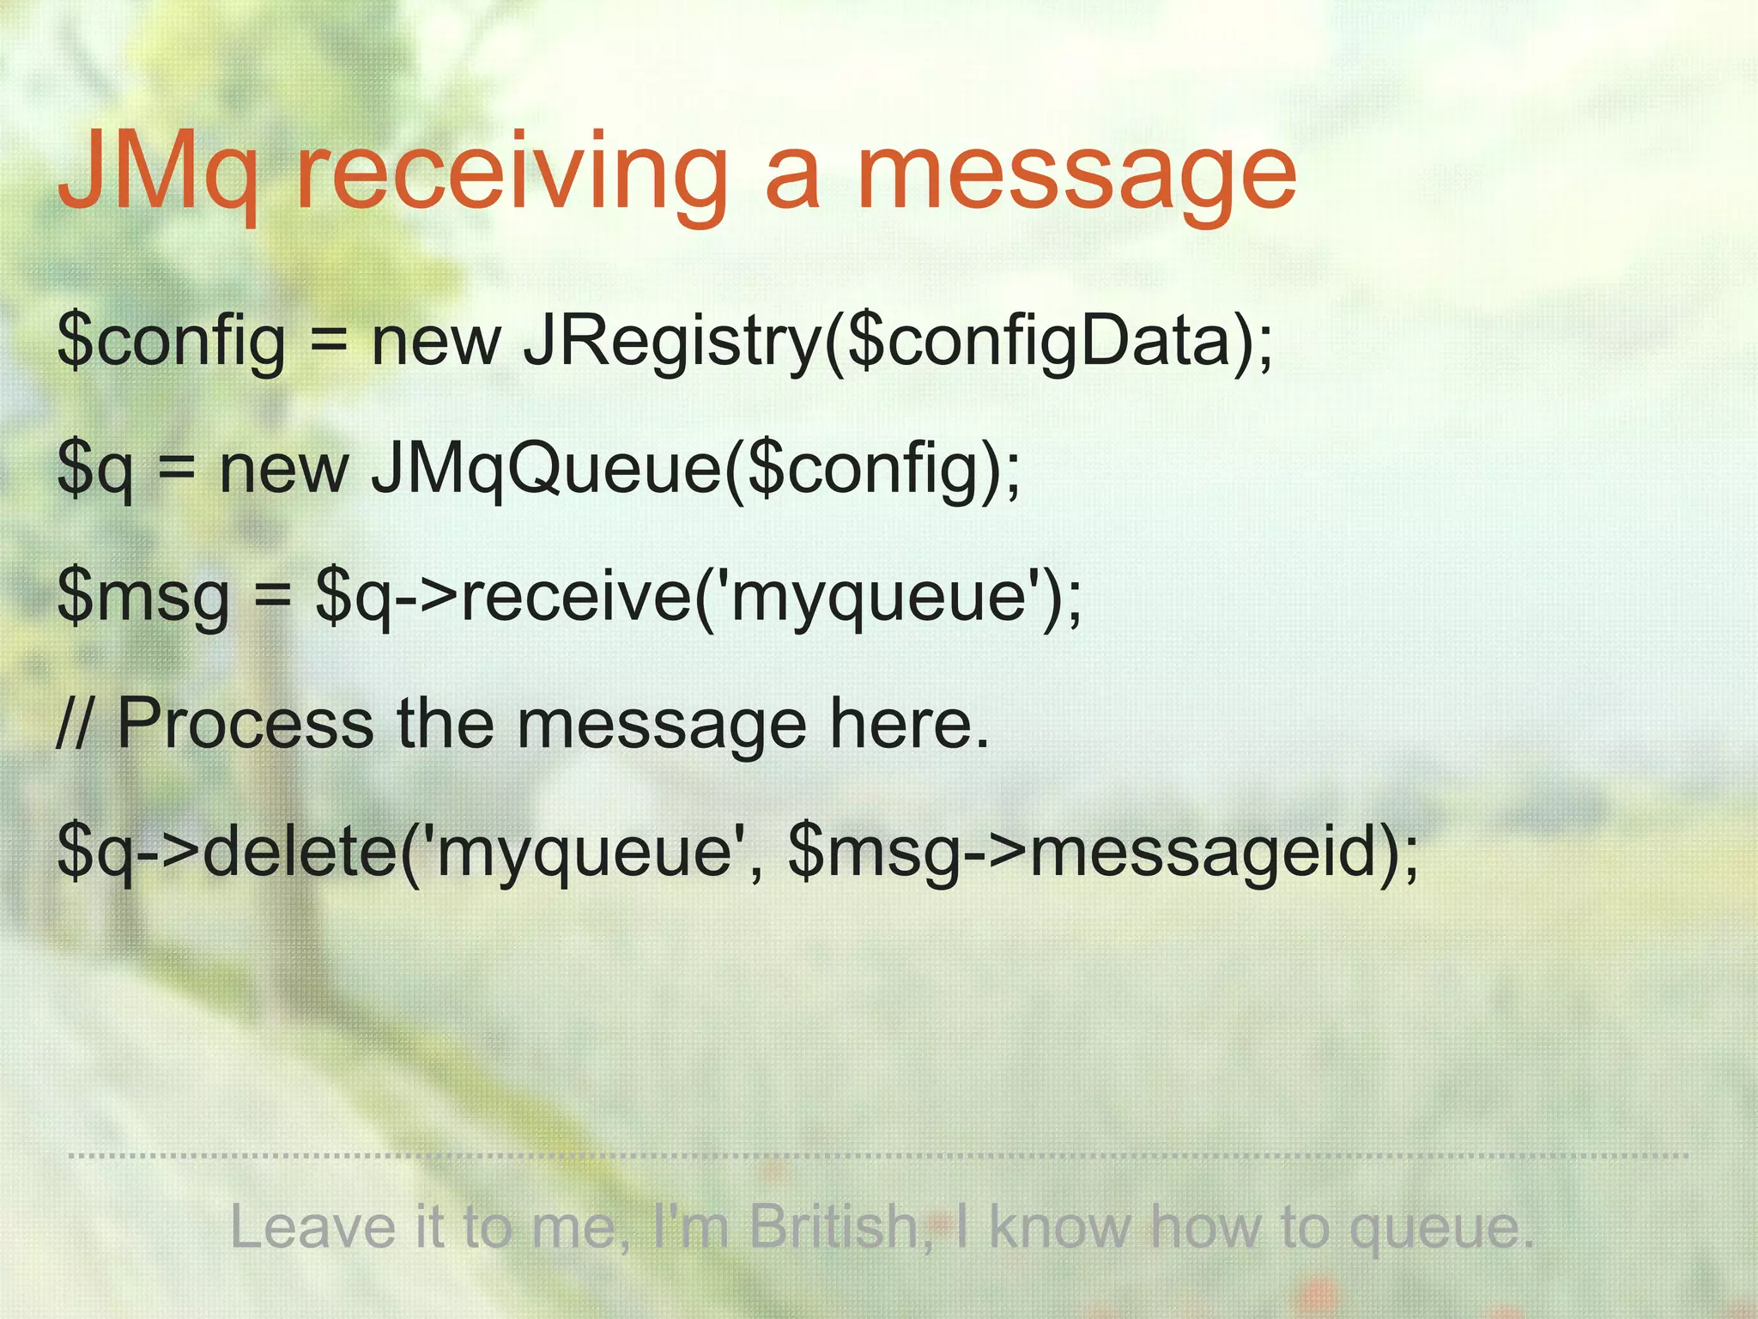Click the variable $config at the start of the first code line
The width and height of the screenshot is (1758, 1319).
(171, 342)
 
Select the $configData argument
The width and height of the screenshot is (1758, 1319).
(1038, 342)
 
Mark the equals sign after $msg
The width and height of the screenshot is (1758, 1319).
(272, 597)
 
